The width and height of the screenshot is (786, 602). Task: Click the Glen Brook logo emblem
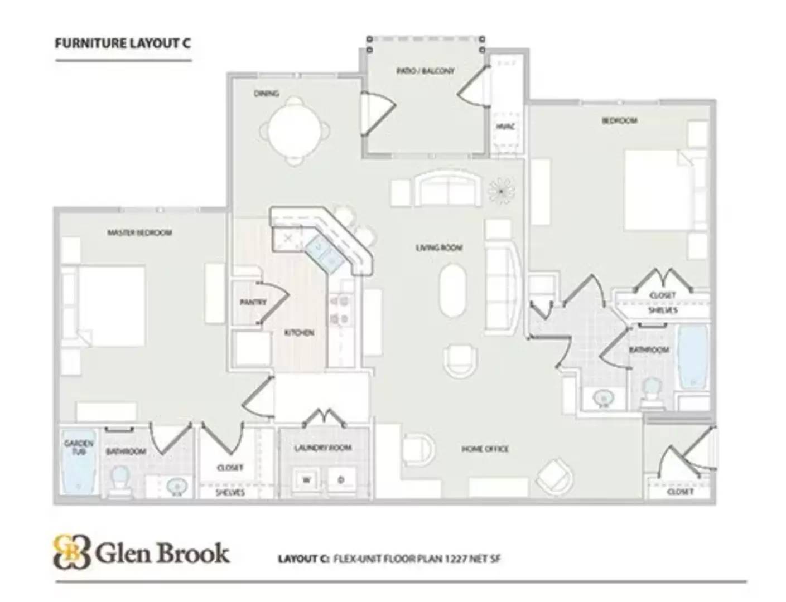coord(71,552)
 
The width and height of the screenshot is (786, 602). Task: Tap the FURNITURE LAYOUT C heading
coord(123,43)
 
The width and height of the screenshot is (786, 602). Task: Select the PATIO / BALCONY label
coord(425,71)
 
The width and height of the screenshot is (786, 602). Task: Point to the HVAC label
coord(505,127)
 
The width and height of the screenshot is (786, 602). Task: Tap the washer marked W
coord(307,480)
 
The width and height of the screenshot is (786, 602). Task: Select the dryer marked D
coord(341,480)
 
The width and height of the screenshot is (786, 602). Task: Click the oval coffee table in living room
coord(453,290)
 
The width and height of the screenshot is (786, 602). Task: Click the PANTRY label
coord(253,302)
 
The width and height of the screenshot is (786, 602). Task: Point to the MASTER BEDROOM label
coord(139,232)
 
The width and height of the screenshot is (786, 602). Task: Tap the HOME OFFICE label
coord(484,449)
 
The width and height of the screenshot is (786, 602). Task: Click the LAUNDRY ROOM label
coord(323,448)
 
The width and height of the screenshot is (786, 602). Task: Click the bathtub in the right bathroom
coord(692,357)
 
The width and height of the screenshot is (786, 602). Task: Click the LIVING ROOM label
coord(439,247)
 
